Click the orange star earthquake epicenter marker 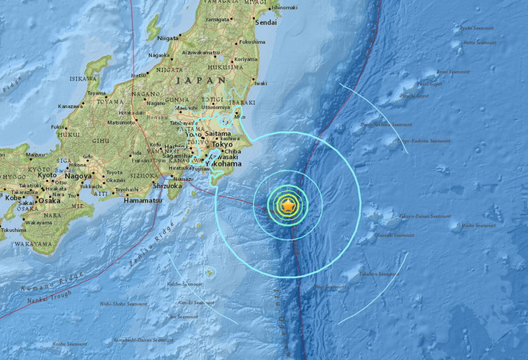coord(288,206)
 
